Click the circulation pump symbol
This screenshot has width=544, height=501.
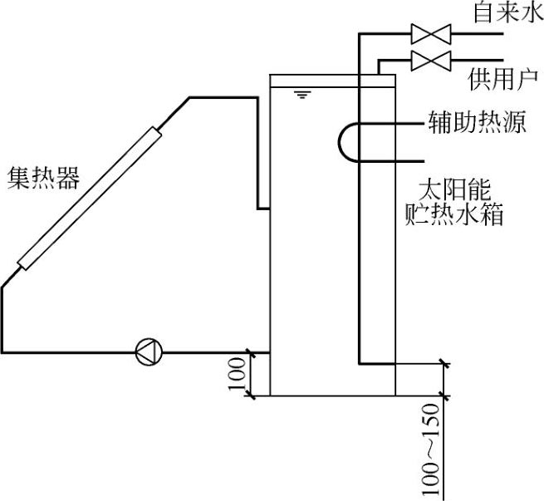click(x=149, y=351)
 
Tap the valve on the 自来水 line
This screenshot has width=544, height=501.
click(x=431, y=34)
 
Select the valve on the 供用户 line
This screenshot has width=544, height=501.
click(x=431, y=61)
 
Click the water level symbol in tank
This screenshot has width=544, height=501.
click(x=301, y=94)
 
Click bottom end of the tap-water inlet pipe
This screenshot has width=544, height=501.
click(x=360, y=363)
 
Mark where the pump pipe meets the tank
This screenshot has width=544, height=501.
click(x=271, y=351)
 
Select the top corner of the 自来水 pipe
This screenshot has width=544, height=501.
click(x=360, y=34)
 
